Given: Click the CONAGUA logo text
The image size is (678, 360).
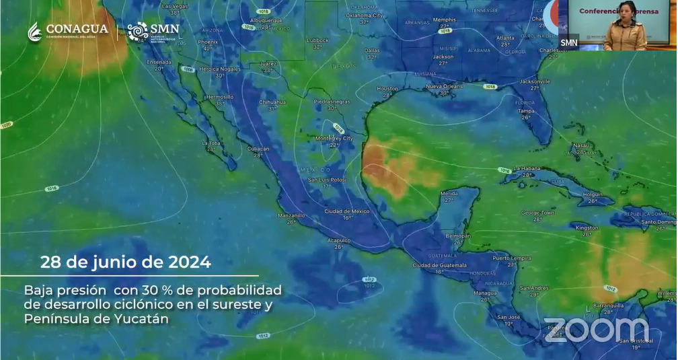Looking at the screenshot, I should [x=77, y=30].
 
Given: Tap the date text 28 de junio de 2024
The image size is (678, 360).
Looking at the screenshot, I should [x=126, y=262].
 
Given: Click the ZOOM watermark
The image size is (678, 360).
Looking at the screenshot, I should [x=596, y=329].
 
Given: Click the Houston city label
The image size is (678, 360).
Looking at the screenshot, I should [x=387, y=89].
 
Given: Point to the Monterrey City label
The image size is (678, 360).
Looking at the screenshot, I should [x=334, y=139].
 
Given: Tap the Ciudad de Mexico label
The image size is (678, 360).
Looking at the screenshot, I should [x=347, y=211].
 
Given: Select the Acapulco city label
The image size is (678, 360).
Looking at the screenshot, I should [x=338, y=240].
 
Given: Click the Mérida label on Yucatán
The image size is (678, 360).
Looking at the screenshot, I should [x=449, y=193].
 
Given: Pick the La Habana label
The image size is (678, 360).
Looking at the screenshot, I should [x=527, y=168].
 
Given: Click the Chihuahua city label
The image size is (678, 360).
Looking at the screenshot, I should [x=272, y=102].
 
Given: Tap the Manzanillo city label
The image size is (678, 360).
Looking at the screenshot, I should [x=291, y=215].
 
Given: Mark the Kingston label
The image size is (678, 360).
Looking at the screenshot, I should [x=587, y=227].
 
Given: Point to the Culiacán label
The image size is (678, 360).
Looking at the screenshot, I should [x=258, y=149].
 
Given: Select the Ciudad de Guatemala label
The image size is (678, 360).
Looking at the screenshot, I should [x=439, y=265].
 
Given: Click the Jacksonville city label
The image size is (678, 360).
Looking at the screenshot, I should [x=535, y=81].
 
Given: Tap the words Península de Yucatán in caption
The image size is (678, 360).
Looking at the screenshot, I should [x=96, y=318].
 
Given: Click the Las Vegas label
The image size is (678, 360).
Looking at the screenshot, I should [x=175, y=5].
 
